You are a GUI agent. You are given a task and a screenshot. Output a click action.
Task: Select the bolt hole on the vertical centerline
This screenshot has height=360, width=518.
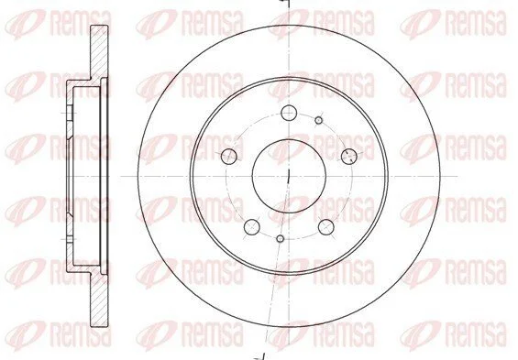(289, 113)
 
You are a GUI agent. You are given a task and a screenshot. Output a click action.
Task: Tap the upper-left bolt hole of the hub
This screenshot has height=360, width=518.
(229, 156)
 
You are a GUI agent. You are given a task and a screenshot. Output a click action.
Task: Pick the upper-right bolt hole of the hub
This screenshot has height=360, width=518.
(349, 156)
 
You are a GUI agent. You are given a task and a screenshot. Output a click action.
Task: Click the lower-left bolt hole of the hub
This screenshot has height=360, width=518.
(252, 226)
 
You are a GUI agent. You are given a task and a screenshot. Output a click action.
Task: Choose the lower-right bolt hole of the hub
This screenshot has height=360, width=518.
(326, 226)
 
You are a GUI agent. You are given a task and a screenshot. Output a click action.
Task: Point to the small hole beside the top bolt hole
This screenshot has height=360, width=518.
(319, 120)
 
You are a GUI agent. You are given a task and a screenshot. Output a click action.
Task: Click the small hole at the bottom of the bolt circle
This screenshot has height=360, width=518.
(281, 238)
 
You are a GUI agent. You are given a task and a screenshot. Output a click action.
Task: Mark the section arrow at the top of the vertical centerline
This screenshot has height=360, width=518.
(285, 3)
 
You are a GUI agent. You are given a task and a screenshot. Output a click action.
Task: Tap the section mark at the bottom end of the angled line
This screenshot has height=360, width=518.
(260, 357)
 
